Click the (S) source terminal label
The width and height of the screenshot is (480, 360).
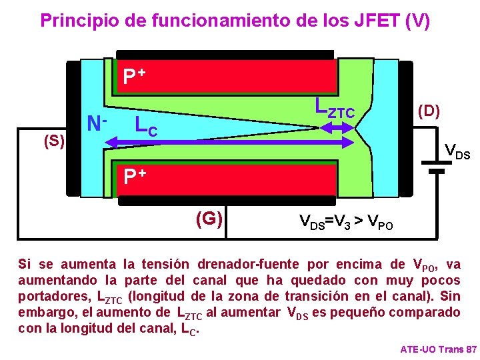[x=53, y=141]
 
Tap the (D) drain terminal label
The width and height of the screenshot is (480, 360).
[x=427, y=110]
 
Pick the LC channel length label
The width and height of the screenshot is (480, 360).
[x=146, y=125]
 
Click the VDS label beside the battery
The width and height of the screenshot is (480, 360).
[x=457, y=153]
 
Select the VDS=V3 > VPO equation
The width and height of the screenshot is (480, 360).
[x=346, y=221]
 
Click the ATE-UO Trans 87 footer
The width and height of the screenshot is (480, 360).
[x=438, y=349]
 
